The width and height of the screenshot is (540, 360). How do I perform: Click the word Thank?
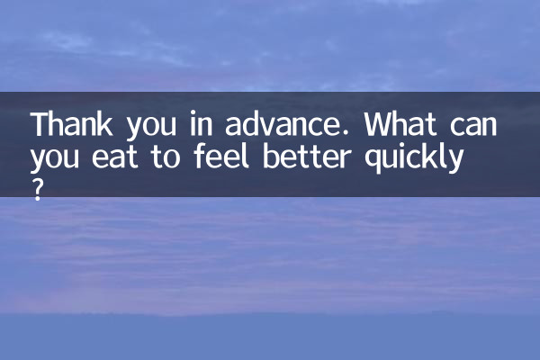coord(72,123)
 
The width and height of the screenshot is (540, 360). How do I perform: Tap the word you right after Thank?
coord(151,127)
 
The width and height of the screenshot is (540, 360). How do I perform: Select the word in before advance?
coord(201,123)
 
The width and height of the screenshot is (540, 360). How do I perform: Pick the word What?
coord(400,123)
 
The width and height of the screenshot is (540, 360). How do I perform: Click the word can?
coord(473,126)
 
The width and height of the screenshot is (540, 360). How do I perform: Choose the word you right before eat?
coord(55,160)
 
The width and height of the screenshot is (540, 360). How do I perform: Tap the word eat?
coord(115,157)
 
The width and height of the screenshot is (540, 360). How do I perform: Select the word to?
coord(166,157)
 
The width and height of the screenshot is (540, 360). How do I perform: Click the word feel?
coord(221,156)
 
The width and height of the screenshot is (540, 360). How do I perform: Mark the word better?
coord(307,156)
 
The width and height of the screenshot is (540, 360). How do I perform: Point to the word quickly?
coord(413,158)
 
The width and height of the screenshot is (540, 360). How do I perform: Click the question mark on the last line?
coord(38,191)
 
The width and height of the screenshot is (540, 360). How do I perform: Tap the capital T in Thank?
coord(41,123)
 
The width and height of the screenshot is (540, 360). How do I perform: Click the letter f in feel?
coord(202,156)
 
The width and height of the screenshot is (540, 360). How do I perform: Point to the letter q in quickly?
coord(373,160)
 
